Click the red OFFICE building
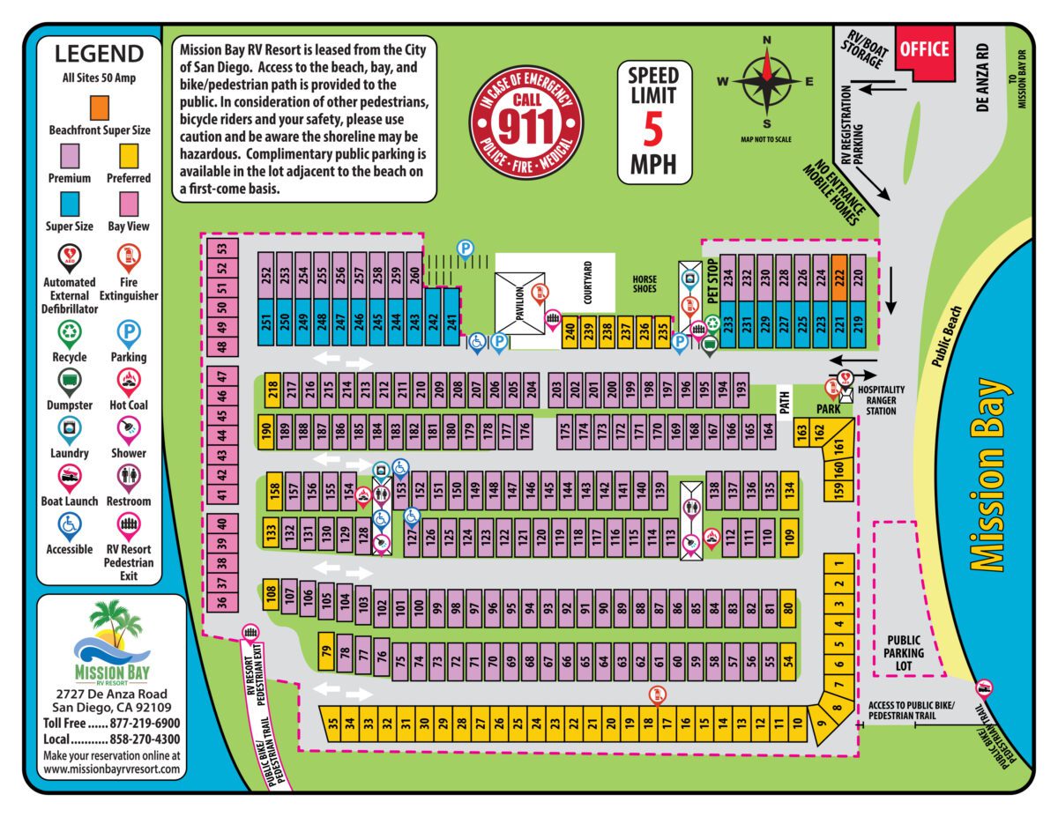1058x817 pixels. pos(924,51)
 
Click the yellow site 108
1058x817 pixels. pos(271,596)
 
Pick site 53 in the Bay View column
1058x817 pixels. pos(222,249)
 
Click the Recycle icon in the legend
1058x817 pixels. pos(69,334)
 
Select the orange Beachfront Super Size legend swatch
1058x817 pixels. pos(99,105)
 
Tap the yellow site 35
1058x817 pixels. pos(332,726)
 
